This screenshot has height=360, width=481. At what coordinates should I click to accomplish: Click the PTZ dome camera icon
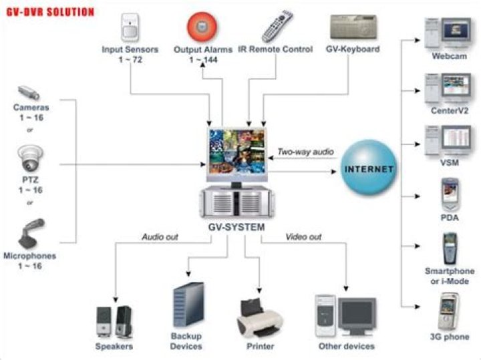tap(29, 159)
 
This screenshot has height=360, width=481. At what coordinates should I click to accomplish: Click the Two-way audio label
tap(305, 152)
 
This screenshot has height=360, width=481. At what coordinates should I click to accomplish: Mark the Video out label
tap(303, 237)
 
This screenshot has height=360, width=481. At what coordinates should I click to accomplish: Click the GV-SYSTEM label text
tap(235, 228)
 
